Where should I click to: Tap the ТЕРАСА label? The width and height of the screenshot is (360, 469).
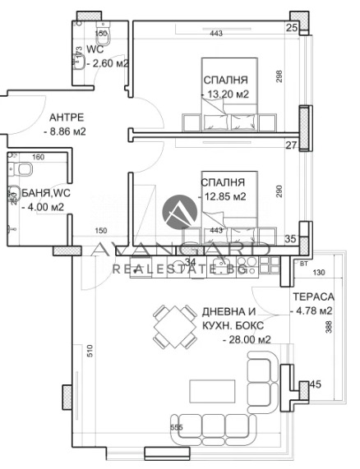313,297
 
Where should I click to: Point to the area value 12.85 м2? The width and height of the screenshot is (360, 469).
224,197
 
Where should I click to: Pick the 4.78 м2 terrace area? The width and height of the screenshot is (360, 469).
313,310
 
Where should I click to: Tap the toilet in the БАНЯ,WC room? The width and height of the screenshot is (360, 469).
25,170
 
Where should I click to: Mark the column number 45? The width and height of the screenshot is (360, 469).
315,384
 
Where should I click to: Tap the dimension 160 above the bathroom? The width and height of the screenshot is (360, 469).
38,156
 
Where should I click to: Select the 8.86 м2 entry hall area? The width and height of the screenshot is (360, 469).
65,131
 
